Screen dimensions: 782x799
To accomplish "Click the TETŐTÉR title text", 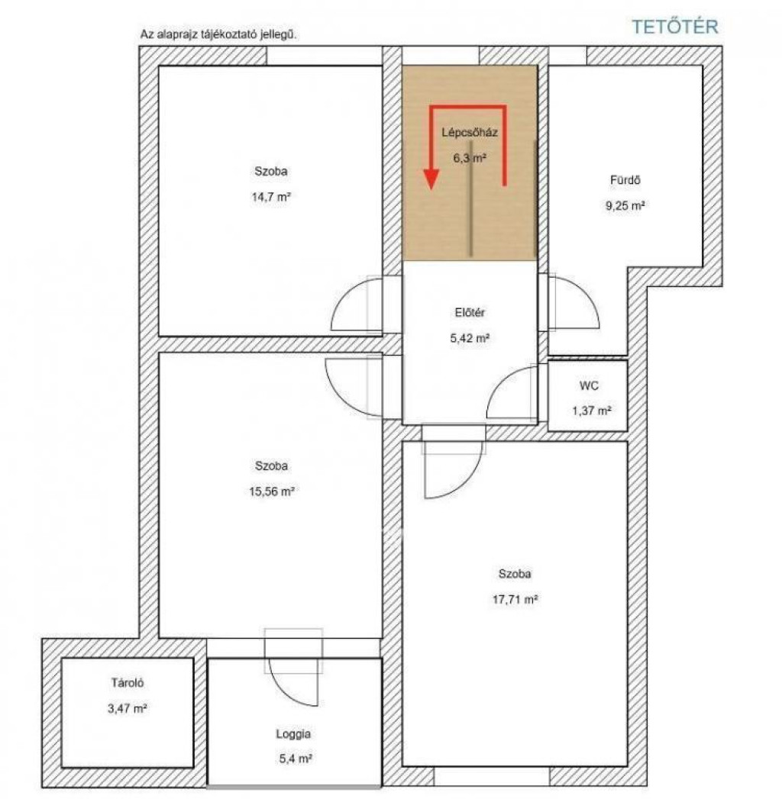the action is click(675, 27).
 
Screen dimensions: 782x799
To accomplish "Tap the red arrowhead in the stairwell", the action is click(431, 179).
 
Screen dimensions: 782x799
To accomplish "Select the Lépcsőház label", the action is click(470, 133).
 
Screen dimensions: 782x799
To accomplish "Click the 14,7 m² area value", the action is click(271, 197).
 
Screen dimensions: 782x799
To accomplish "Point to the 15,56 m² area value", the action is click(271, 491).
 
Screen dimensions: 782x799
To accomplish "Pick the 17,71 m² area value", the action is click(515, 599).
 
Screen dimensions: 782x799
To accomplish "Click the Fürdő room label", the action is click(625, 180).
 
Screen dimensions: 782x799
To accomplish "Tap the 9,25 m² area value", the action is click(625, 206).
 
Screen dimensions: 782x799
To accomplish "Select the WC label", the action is click(589, 385).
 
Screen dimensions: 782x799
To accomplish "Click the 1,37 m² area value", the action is click(591, 411).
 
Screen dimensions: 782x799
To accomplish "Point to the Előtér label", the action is click(470, 312).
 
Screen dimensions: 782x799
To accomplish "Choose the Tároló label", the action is click(128, 683).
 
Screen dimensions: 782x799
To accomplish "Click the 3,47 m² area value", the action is click(128, 708).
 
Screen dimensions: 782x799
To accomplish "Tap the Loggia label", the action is click(294, 734).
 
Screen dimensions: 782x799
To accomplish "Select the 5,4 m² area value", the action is click(296, 759).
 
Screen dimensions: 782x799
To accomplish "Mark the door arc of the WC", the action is click(502, 379).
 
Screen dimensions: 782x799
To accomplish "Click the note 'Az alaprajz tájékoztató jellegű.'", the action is click(218, 34).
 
